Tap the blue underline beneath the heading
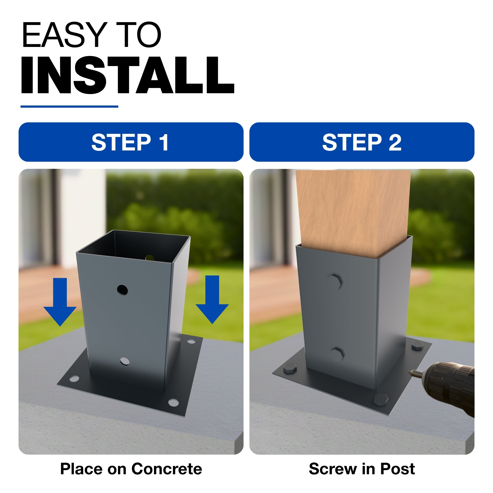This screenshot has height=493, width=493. click(69, 106)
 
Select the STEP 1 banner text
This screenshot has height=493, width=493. click(130, 142)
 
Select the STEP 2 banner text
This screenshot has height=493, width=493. click(362, 142)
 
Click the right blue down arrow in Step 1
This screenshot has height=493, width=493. click(212, 300)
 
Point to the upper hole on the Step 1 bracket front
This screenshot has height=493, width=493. click(122, 290)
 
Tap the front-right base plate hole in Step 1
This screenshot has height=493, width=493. click(174, 403)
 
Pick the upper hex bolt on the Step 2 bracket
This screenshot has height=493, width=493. click(334, 282)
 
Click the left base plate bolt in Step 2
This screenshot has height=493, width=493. click(290, 370)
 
